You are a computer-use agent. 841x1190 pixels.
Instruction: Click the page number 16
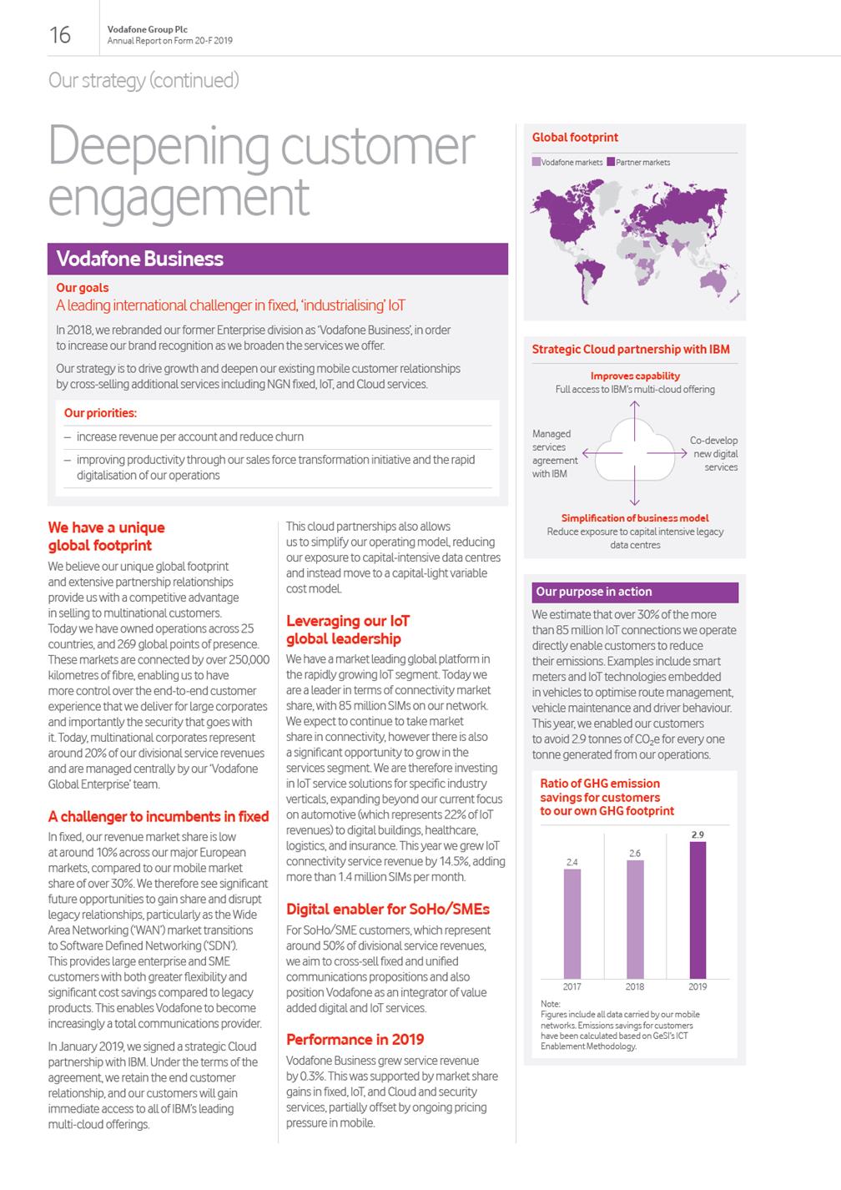click(60, 34)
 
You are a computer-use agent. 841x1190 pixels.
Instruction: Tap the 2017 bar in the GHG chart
click(572, 924)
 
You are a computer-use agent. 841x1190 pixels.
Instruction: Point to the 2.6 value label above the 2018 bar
click(635, 853)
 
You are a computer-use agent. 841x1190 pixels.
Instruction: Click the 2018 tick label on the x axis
click(635, 986)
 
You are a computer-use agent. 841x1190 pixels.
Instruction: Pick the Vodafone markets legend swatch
click(536, 162)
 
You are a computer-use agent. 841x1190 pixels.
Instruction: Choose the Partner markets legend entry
click(638, 162)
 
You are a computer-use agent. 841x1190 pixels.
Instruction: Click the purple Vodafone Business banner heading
click(140, 259)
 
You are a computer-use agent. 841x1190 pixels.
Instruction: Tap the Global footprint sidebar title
click(575, 138)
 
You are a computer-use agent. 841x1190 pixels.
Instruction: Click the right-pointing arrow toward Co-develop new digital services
click(672, 453)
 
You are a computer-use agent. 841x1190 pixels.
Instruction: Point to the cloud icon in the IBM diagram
click(635, 451)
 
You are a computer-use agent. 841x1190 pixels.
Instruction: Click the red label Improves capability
click(635, 376)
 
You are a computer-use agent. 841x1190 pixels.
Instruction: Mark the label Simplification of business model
click(635, 518)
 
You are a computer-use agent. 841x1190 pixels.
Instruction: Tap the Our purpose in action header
click(594, 592)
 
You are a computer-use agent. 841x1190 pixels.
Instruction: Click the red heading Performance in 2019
click(355, 1039)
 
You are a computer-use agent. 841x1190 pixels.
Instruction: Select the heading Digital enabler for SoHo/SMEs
click(387, 909)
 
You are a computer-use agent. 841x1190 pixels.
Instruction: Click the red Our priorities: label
click(100, 413)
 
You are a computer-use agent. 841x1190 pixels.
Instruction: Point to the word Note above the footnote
click(550, 1004)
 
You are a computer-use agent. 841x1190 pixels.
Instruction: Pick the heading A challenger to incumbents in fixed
click(159, 816)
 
